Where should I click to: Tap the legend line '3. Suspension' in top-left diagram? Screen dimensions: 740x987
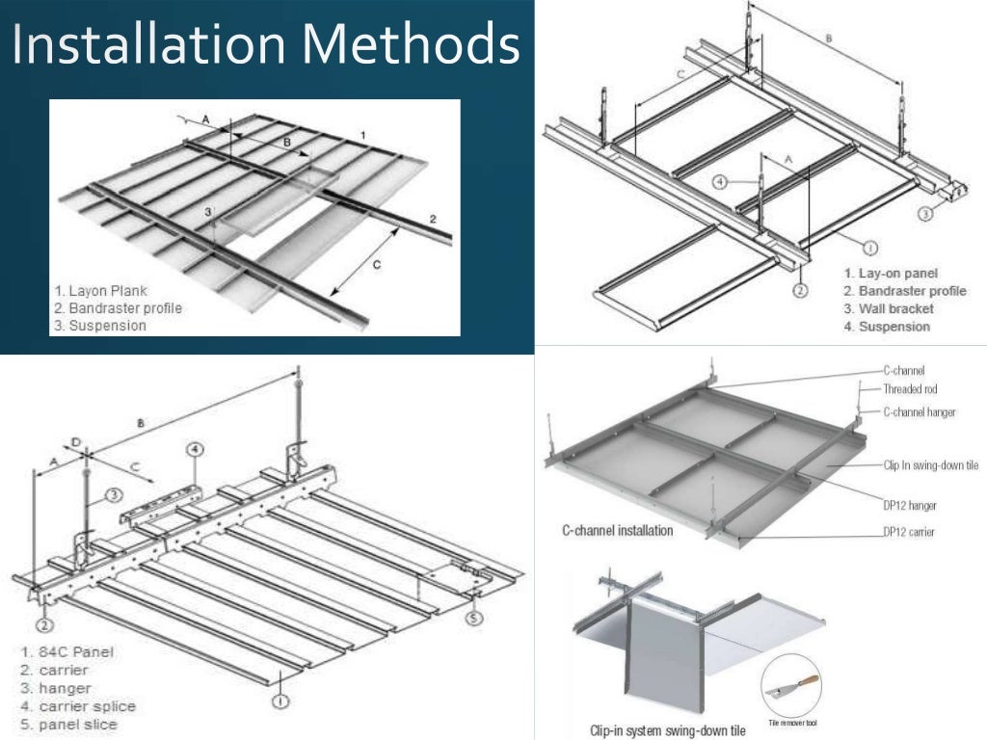(101, 326)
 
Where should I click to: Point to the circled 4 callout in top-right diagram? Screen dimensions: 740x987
(720, 181)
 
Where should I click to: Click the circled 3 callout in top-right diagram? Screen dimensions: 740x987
(923, 215)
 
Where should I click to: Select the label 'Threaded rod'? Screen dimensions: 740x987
(910, 389)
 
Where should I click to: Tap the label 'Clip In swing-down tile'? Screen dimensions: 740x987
(930, 464)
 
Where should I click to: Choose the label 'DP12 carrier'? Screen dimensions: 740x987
(909, 531)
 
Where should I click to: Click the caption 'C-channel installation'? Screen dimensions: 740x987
(617, 531)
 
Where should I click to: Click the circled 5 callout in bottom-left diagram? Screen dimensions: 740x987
(473, 619)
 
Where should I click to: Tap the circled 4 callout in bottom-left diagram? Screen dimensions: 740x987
(195, 450)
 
